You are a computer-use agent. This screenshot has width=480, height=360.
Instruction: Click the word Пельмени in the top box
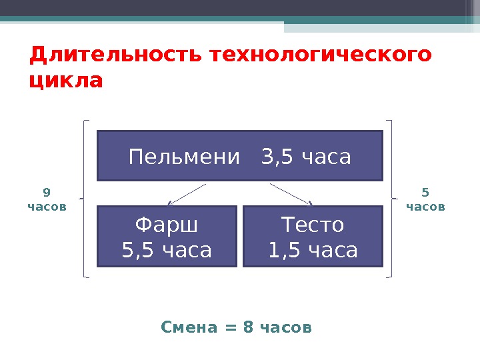click(184, 157)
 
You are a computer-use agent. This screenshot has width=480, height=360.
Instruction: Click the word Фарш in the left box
click(167, 225)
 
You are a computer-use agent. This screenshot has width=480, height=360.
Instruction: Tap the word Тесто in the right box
click(313, 225)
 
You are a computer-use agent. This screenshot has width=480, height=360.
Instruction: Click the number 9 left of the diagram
click(46, 193)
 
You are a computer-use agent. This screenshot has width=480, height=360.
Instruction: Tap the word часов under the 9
click(47, 207)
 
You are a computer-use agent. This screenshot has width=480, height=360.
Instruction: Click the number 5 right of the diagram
click(425, 193)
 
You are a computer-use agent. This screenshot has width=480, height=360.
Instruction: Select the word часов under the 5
click(425, 207)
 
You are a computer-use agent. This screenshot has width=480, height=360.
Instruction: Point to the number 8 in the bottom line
click(249, 328)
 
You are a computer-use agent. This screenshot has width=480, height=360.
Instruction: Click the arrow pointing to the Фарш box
click(187, 194)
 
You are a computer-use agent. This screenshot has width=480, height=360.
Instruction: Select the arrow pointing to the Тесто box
click(291, 194)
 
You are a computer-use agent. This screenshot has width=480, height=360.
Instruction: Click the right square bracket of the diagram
click(391, 198)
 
